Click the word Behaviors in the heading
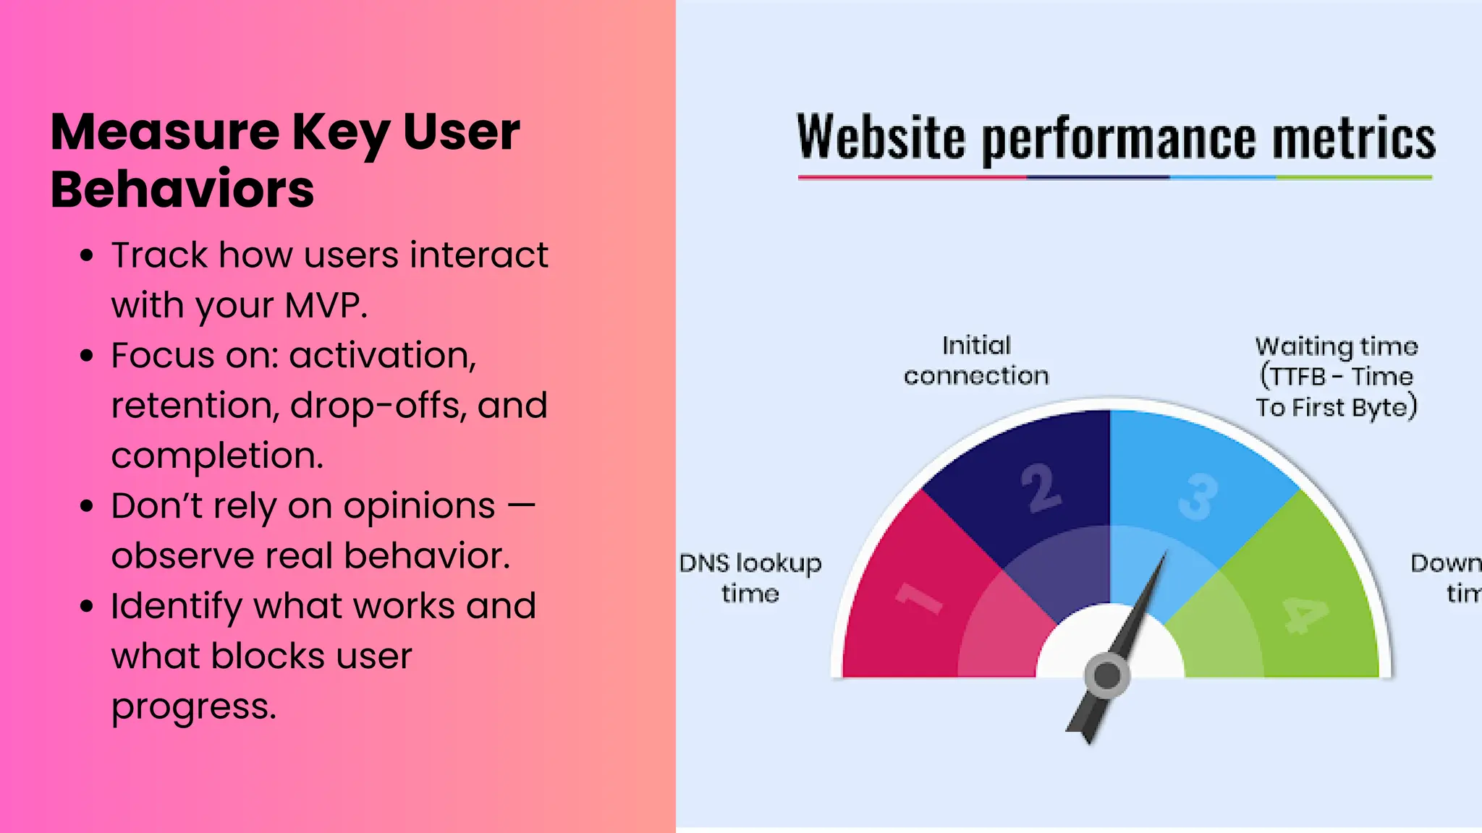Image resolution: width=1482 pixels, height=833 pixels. [x=182, y=189]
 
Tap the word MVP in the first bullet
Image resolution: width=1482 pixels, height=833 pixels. [x=326, y=305]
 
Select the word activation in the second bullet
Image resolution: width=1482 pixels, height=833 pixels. [x=383, y=355]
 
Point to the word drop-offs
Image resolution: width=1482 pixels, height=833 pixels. [x=376, y=406]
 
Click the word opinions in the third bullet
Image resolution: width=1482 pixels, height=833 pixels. [x=419, y=506]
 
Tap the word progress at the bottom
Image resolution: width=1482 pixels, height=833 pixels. [x=193, y=706]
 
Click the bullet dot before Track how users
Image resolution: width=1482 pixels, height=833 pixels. [x=88, y=256]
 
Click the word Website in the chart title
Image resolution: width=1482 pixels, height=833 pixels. [x=881, y=137]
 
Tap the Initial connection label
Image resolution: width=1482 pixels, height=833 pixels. [x=976, y=360]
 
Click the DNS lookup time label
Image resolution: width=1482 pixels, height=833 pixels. [x=750, y=578]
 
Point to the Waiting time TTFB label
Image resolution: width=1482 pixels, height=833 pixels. [x=1336, y=377]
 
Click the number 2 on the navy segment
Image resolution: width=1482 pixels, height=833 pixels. [x=1041, y=488]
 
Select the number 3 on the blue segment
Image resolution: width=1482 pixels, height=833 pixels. [x=1198, y=497]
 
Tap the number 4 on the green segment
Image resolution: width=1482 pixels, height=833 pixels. [x=1305, y=615]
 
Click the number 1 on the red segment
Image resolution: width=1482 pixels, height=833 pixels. [x=919, y=599]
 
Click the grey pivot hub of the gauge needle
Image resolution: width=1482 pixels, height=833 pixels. [x=1106, y=676]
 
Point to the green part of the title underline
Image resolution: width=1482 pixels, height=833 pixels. [x=1353, y=177]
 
